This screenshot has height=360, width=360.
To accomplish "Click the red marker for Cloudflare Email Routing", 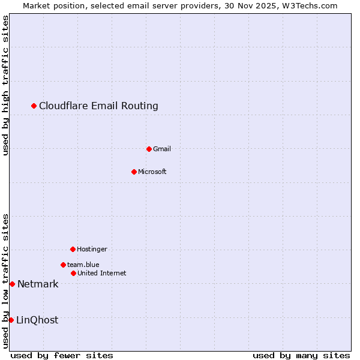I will [34, 106].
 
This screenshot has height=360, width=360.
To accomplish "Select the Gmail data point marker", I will [149, 149].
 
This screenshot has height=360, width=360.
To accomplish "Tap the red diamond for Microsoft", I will [134, 172].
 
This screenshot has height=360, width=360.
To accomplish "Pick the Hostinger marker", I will [73, 249].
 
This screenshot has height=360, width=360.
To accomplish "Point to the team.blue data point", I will [63, 265].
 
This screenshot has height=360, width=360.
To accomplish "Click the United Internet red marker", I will [73, 274].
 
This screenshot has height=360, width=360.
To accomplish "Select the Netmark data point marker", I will [12, 284].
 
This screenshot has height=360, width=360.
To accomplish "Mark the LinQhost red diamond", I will [11, 320].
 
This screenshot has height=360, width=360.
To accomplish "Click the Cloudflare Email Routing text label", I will [98, 106].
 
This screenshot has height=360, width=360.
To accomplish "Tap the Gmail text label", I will [162, 149].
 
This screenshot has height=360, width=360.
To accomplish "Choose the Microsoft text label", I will [152, 172].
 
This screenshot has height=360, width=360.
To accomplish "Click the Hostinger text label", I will [92, 249].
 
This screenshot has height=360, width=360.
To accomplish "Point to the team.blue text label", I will [83, 265].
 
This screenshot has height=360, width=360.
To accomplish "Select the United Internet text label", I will [101, 274].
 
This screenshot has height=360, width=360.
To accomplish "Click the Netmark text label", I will [38, 284].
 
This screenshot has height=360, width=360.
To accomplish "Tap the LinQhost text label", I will [37, 320].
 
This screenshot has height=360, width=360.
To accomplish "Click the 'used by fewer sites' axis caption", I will [62, 355].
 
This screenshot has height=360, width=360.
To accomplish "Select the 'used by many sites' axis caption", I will [301, 355].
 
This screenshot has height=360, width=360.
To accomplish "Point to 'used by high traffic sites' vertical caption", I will [5, 85].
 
